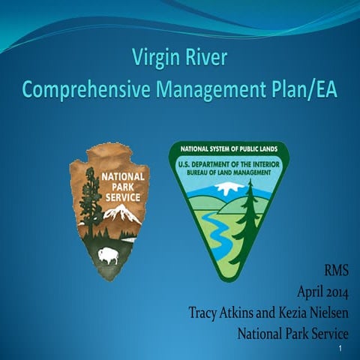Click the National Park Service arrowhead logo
pyautogui.click(x=109, y=210)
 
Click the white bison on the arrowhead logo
pyautogui.click(x=109, y=254)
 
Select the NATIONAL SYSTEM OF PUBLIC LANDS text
pyautogui.click(x=228, y=148)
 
